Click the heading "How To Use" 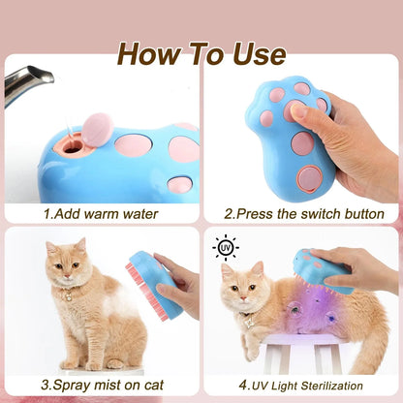click(x=201, y=54)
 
